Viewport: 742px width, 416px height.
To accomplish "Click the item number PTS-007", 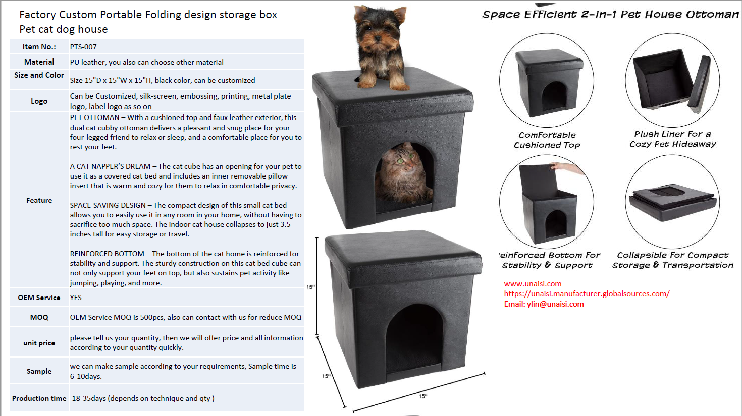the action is pyautogui.click(x=83, y=47).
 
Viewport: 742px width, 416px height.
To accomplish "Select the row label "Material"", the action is pyautogui.click(x=39, y=62).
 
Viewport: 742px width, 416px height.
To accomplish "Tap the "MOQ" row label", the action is pyautogui.click(x=39, y=317).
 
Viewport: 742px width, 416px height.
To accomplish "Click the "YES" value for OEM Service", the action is pyautogui.click(x=76, y=298).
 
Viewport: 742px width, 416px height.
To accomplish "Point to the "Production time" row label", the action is pyautogui.click(x=39, y=398).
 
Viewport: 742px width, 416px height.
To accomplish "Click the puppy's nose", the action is pyautogui.click(x=377, y=38).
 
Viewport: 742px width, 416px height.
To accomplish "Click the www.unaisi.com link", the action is pyautogui.click(x=533, y=283).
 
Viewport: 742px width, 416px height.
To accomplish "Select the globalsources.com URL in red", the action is pyautogui.click(x=587, y=294).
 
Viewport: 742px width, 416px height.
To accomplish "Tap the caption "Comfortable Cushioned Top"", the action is pyautogui.click(x=547, y=140).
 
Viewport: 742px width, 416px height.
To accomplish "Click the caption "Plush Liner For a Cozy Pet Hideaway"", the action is pyautogui.click(x=672, y=139).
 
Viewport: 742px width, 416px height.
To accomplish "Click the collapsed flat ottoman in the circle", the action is pyautogui.click(x=672, y=201).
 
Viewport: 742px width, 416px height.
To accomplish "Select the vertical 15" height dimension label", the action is pyautogui.click(x=310, y=287).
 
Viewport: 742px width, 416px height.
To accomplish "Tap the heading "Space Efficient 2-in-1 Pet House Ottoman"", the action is pyautogui.click(x=610, y=15).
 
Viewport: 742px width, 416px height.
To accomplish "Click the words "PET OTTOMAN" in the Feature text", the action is pyautogui.click(x=94, y=117).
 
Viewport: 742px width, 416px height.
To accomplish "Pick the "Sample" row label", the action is pyautogui.click(x=39, y=371).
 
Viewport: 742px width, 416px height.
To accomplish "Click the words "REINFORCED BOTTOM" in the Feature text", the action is pyautogui.click(x=107, y=254).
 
